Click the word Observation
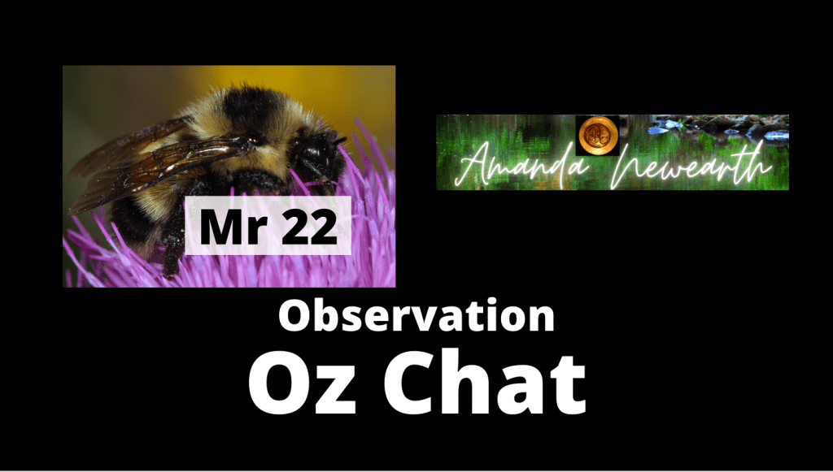[x=416, y=315]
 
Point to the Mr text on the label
[x=233, y=226]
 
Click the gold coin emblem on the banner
[x=598, y=135]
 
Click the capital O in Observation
[x=294, y=317]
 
